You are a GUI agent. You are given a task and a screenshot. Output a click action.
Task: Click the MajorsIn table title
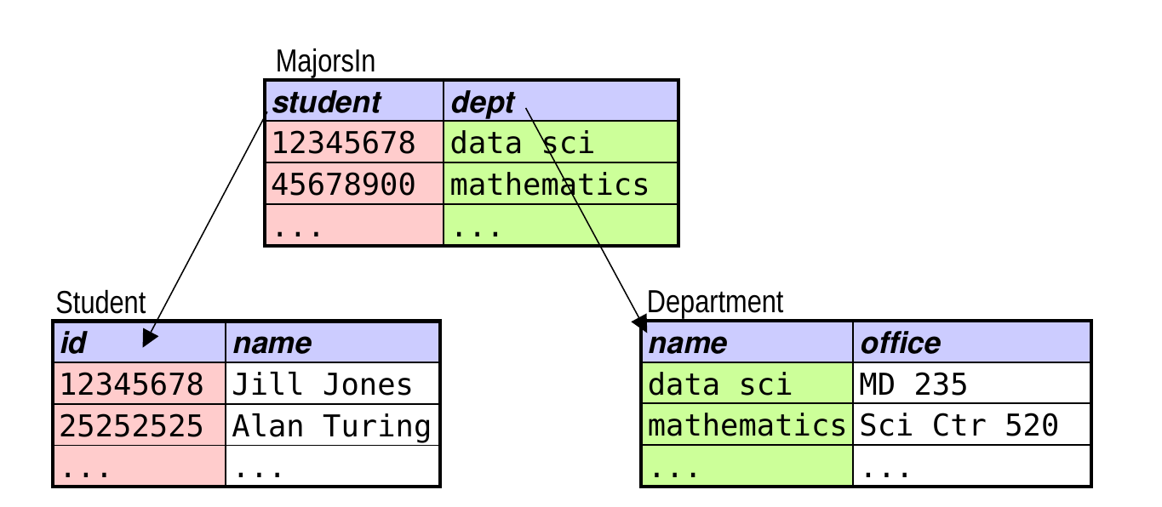point(325,61)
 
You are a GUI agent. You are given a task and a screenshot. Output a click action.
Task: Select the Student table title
point(100,302)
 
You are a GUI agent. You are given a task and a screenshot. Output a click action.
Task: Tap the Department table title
point(715,302)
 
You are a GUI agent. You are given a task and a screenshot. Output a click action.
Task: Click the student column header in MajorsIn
point(327,102)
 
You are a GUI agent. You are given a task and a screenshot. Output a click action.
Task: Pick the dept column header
point(483,103)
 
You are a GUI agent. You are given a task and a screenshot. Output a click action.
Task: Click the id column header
point(73,343)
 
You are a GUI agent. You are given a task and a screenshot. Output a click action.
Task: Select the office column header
point(901,343)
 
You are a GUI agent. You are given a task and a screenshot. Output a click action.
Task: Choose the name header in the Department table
point(688,343)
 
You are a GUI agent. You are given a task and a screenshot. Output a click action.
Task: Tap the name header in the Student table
point(272,343)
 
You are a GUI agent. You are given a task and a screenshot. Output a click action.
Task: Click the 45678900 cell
point(343,185)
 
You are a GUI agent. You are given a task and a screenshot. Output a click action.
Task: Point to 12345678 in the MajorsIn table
point(343,143)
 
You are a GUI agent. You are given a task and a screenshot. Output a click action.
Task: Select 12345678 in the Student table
point(132,385)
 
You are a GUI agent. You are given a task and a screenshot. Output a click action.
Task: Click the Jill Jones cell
point(322,385)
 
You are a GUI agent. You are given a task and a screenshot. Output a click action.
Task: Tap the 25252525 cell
point(132,426)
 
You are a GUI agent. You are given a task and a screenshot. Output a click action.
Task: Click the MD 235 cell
point(913,385)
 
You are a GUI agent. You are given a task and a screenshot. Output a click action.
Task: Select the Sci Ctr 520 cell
point(959,425)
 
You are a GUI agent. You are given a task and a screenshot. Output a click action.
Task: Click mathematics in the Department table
point(747,425)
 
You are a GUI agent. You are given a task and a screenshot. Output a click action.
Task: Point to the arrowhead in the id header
point(150,338)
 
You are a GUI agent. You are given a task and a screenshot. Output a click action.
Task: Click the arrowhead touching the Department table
point(640,322)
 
